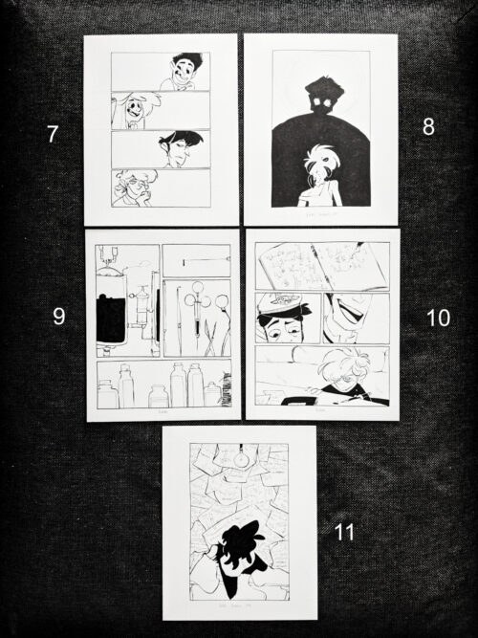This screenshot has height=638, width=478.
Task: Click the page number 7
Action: click(53, 134)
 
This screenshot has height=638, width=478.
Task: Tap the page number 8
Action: click(427, 126)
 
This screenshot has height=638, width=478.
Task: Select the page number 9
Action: click(58, 316)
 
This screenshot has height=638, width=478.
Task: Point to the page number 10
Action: click(438, 319)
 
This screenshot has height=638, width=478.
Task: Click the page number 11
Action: click(343, 532)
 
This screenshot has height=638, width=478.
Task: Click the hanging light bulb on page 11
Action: click(241, 457)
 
